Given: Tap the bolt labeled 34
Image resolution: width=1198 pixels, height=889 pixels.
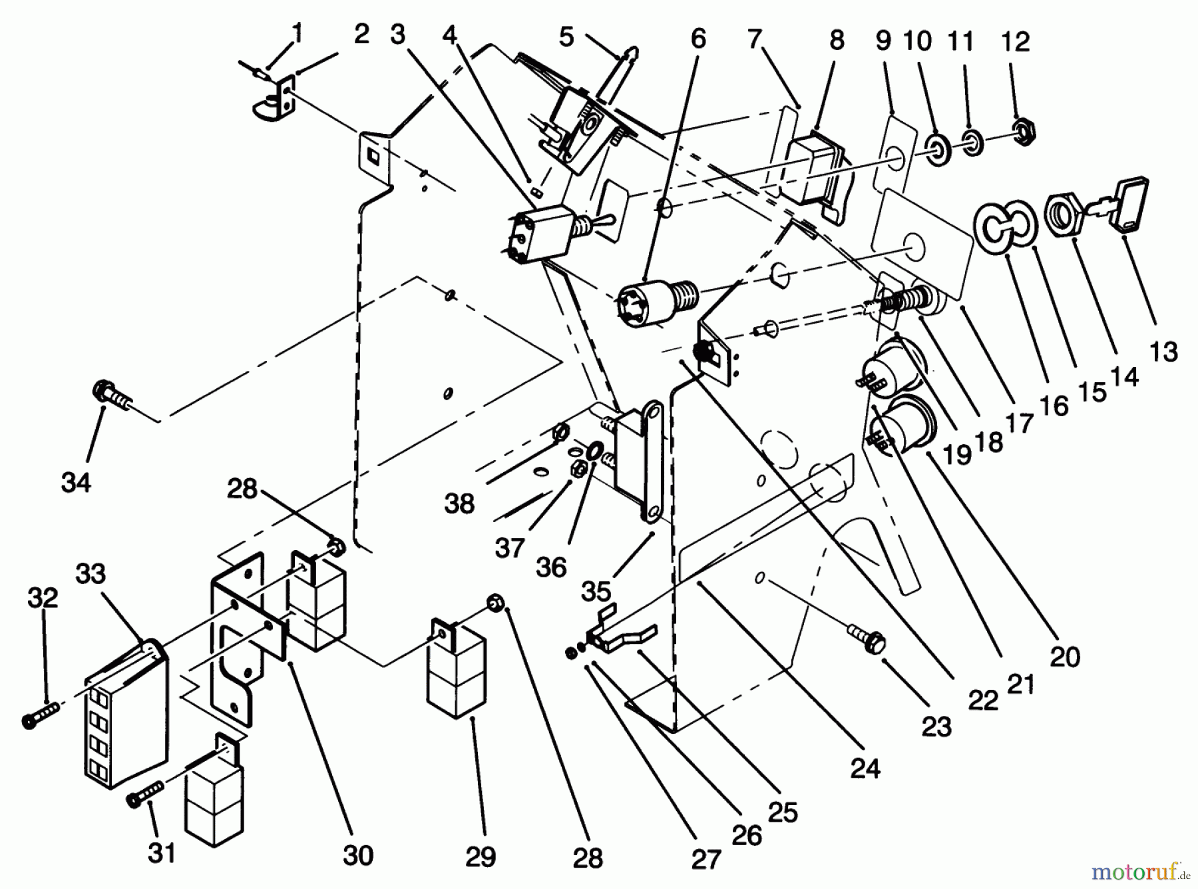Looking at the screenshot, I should click(113, 394).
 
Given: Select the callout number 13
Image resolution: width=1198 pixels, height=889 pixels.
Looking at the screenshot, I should click(1163, 350).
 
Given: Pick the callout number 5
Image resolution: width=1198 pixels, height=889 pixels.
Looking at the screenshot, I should click(566, 37).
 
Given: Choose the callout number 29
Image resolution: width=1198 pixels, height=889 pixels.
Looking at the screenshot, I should click(480, 857).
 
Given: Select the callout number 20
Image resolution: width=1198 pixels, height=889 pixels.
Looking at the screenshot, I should click(1064, 657).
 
